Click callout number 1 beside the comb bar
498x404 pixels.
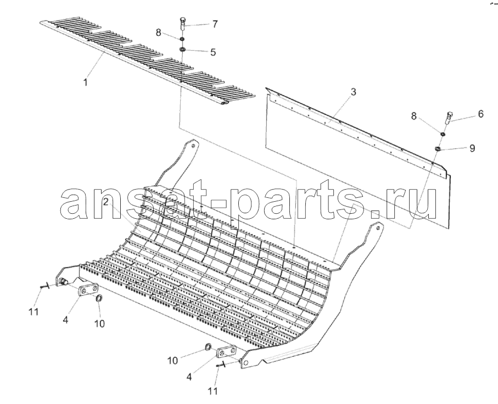pos(85,82)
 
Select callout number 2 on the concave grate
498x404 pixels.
pos(106,202)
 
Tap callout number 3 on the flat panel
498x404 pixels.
pos(353,92)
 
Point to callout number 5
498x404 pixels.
pos(212,52)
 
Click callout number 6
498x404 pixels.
pos(480,114)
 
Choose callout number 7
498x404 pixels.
pos(215,24)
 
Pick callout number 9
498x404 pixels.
pos(472,148)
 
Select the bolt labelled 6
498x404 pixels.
pos(449,118)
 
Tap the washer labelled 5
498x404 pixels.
pos(183,49)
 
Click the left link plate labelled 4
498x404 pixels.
pos(88,291)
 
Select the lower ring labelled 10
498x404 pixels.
pos(208,347)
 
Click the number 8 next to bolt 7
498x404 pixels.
pos(158,32)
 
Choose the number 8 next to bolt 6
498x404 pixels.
pos(413,117)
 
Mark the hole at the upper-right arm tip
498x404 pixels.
pos(377,228)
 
